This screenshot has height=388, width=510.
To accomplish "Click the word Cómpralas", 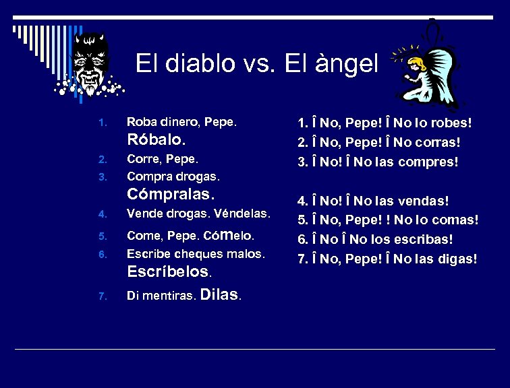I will coord(171,195).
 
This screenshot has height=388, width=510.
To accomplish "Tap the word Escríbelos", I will coord(169,271).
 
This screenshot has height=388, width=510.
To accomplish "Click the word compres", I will coord(433,162).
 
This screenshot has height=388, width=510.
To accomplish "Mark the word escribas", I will coord(428,239).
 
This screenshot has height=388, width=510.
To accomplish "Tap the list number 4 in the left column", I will coord(102,215).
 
